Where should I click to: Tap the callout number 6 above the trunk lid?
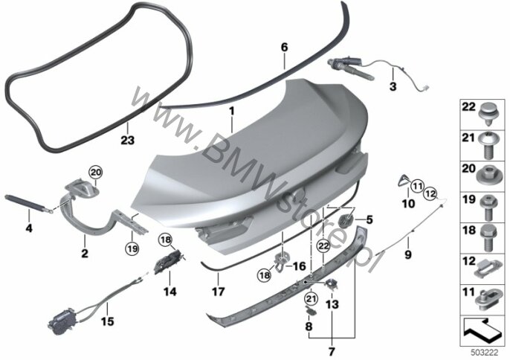(283, 47)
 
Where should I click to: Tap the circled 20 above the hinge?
(94, 173)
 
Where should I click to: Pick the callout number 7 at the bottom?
(332, 350)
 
